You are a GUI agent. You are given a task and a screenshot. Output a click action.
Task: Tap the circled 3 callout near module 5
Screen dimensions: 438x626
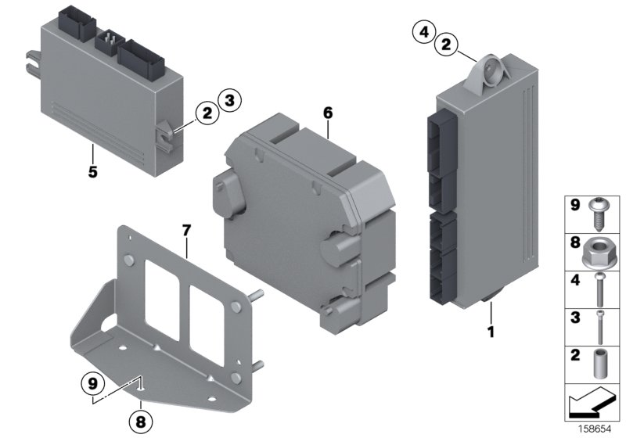click(229, 99)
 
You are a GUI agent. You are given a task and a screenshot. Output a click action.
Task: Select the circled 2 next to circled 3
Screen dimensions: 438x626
click(207, 114)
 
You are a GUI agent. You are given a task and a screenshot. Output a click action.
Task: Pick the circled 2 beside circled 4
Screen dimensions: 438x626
click(445, 45)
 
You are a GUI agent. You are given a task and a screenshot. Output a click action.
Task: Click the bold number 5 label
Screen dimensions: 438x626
click(92, 171)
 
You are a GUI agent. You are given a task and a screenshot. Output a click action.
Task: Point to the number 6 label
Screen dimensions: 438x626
click(328, 113)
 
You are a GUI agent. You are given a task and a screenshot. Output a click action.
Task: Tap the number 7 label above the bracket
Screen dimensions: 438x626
click(186, 230)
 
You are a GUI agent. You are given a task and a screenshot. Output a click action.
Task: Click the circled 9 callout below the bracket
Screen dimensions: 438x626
click(92, 384)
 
